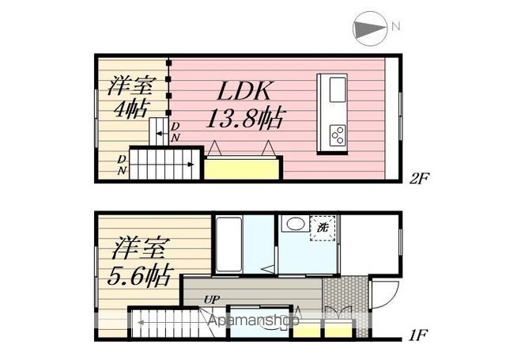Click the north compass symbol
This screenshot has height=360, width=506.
[369, 28]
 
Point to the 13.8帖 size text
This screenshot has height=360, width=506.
[245, 119]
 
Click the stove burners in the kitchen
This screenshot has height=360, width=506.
[338, 135]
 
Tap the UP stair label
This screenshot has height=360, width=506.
[211, 300]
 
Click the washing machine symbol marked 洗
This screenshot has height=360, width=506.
[324, 228]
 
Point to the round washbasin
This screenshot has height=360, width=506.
[294, 225]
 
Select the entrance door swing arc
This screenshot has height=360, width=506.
[383, 297]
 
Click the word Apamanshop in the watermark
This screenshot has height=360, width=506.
[254, 322]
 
